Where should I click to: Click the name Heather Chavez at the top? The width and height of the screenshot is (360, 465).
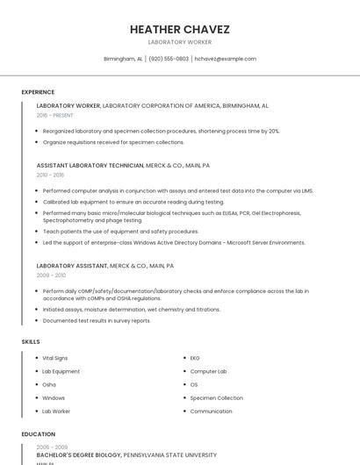point(179,29)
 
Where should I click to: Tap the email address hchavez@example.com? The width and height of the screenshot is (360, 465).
point(225,59)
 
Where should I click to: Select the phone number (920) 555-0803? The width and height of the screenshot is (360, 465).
point(169,59)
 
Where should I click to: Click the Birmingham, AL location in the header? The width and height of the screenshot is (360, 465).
point(123,59)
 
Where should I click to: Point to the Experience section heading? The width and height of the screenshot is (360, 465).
point(38,92)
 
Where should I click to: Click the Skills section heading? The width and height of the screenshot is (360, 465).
point(31,341)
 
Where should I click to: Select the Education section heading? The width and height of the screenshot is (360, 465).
point(38,434)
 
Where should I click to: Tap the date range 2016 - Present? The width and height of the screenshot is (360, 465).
point(54,115)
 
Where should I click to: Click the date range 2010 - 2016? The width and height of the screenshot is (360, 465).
point(50,175)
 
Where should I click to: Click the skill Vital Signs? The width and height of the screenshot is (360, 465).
point(54,358)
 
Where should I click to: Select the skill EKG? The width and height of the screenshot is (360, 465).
point(195,358)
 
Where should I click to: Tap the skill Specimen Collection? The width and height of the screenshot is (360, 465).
point(216,397)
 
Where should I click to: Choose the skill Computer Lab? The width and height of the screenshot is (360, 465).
point(208,371)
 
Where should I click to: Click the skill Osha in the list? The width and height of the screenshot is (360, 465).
point(49,384)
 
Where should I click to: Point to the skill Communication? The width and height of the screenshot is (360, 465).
point(211,411)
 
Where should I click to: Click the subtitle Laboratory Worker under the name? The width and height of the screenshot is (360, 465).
point(179,42)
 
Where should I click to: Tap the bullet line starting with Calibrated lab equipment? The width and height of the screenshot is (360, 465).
point(126,202)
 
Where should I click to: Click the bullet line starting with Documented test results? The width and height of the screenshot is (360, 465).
point(97,320)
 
